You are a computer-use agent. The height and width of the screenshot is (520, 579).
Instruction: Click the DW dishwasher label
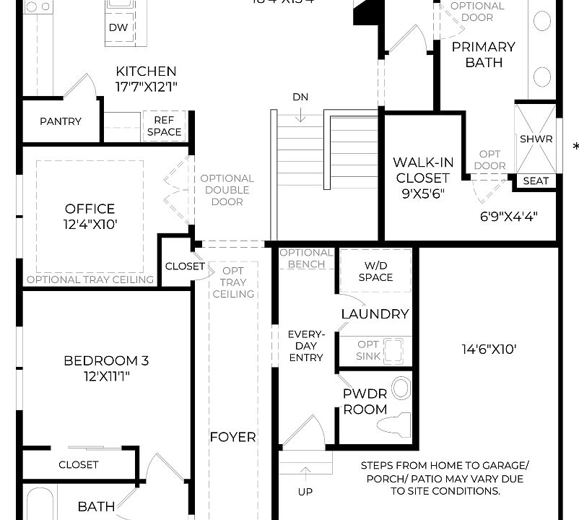pos(118,28)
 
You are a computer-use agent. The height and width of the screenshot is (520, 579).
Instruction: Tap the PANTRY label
pos(61,121)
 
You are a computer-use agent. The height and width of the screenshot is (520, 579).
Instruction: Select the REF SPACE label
pos(164,126)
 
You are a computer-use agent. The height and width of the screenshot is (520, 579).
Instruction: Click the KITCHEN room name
pos(146,71)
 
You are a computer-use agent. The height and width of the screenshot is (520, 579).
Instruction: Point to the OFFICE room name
pos(90,209)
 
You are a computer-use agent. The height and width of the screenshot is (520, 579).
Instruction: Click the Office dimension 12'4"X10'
pos(90,225)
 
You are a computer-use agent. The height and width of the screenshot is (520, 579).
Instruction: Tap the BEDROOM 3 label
pos(106,360)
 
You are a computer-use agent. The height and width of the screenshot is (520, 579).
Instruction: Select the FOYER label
pos(232,437)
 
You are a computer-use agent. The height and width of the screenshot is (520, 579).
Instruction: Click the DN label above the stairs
pos(301,97)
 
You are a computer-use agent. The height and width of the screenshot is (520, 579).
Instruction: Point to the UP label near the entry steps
pos(305,492)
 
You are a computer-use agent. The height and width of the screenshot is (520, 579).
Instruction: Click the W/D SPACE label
pos(375,272)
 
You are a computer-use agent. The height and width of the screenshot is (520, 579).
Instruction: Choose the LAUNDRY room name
pos(375,314)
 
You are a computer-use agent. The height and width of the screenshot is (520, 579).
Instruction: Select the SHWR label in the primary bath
pos(536,139)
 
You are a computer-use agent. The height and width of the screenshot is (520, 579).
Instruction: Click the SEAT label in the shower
pos(535,181)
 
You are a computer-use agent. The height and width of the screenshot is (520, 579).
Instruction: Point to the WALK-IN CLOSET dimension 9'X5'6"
pos(423,194)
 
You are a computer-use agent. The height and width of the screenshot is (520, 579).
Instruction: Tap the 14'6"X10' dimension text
pos(489,350)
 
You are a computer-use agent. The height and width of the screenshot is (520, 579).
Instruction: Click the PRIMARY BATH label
pos(484,54)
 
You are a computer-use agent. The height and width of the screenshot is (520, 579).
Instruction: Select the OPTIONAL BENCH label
pos(306,259)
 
